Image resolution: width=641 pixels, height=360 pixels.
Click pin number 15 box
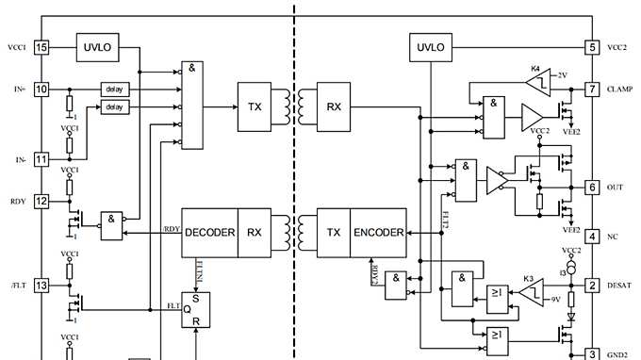coord(41,46)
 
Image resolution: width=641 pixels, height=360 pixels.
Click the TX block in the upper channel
coord(255,106)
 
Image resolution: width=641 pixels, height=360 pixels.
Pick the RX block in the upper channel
coord(335,106)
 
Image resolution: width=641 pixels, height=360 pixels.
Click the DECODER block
coord(209,232)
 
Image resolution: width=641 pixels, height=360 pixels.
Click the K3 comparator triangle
coord(528,292)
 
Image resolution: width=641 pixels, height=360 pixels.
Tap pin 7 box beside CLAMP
coord(592,90)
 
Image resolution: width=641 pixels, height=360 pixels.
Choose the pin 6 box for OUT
coord(592,188)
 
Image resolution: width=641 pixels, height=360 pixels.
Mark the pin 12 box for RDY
coord(41,200)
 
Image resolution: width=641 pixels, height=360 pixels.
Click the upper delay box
coord(114,90)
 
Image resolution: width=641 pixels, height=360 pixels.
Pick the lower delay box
coord(114,107)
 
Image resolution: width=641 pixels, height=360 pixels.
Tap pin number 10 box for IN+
coord(41,90)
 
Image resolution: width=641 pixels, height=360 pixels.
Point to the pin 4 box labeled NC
coord(592,236)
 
